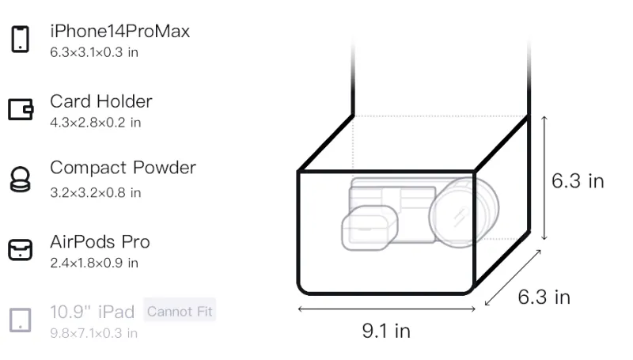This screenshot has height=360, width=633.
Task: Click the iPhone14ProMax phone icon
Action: click(x=21, y=39)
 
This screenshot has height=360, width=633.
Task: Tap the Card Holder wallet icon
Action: click(x=21, y=109)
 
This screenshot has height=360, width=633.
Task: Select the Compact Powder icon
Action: click(x=20, y=179)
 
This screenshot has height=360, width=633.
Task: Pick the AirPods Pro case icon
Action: click(x=21, y=250)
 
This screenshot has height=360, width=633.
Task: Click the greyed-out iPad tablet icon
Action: click(x=21, y=320)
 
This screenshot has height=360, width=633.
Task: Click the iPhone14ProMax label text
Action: click(x=120, y=31)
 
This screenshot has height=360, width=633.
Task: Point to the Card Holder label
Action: click(x=101, y=101)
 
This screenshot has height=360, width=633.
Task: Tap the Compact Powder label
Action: click(x=123, y=168)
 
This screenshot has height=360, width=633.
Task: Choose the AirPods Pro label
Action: click(x=100, y=242)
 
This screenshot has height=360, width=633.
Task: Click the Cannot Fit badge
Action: click(x=180, y=311)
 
